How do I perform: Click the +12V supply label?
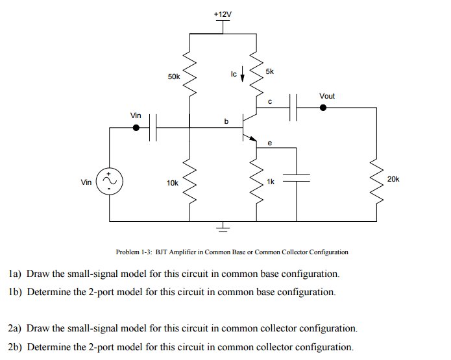pyautogui.click(x=223, y=14)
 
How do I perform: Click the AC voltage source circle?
pyautogui.click(x=109, y=182)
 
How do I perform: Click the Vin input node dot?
pyautogui.click(x=136, y=128)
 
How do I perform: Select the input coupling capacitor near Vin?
pyautogui.click(x=153, y=128)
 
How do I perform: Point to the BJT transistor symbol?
pyautogui.click(x=249, y=126)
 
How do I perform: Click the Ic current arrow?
pyautogui.click(x=243, y=74)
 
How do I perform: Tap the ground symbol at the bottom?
pyautogui.click(x=223, y=226)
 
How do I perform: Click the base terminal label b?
pyautogui.click(x=226, y=121)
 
